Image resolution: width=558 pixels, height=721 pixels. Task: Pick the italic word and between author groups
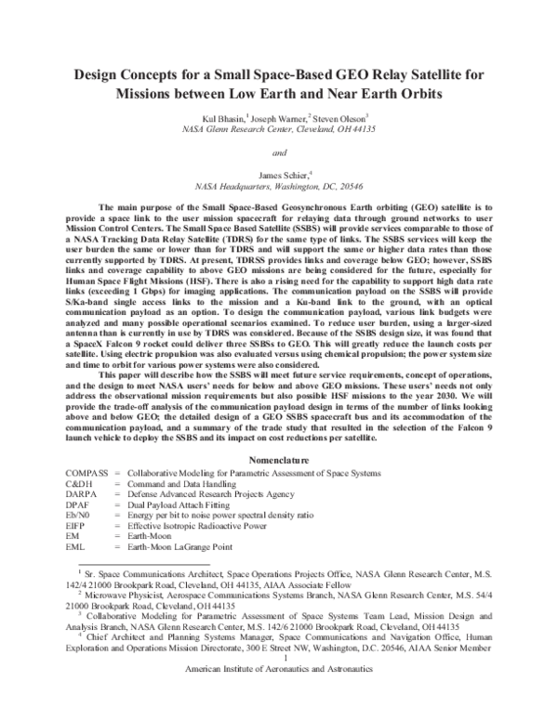click(278, 152)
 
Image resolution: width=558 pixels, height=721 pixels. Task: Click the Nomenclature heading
click(278, 461)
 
